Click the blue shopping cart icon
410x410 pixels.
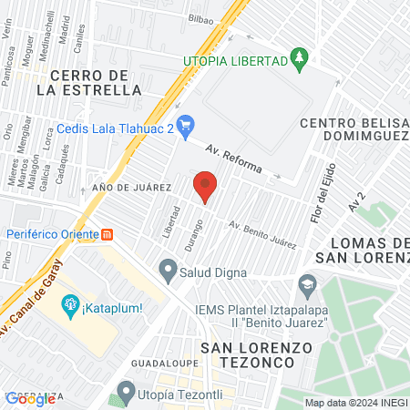point(187,123)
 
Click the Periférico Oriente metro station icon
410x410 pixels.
point(108,232)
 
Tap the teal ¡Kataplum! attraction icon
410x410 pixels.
point(68,304)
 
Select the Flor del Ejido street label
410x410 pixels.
point(320,196)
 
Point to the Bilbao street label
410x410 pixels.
point(202,17)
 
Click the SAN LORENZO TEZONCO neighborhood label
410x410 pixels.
point(256,356)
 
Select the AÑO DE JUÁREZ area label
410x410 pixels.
point(132,187)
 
